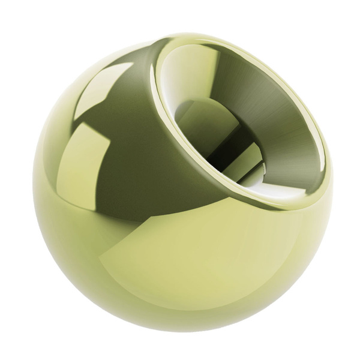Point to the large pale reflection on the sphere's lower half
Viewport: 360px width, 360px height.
[x=198, y=264]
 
